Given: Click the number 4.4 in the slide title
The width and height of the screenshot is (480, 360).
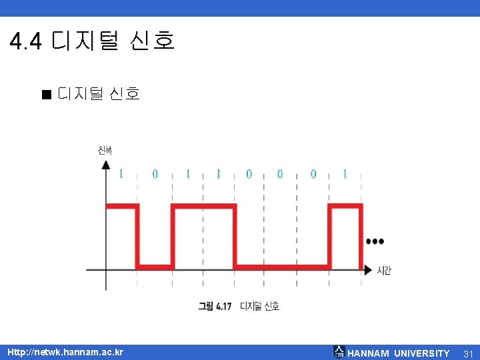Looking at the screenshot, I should point(26,41).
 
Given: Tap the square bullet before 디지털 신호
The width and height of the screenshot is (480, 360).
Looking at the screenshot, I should point(45,95).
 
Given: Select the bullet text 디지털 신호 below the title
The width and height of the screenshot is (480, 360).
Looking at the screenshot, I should point(99,94).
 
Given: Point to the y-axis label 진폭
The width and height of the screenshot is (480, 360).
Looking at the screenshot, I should point(105,151).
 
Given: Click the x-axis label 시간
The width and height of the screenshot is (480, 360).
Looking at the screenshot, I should point(384,270).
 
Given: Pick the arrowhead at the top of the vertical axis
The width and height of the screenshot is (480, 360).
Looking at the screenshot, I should point(106,164).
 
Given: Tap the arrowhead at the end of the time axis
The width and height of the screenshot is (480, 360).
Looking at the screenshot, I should point(367,270).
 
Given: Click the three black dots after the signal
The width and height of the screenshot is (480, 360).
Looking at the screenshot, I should point(375,241).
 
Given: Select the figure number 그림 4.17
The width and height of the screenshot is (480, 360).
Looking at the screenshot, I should point(215,306).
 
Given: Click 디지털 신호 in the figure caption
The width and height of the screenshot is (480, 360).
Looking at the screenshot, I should point(260,306).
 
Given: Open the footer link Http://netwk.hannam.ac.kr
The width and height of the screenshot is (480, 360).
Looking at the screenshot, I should point(65,353).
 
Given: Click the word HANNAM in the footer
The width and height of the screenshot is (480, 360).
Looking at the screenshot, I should point(368,353).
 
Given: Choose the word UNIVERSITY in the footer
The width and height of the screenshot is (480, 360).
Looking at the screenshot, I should point(422,353).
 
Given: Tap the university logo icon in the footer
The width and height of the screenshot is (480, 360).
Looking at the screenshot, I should point(339,352).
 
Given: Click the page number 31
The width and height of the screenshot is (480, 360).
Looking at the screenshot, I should point(468,353).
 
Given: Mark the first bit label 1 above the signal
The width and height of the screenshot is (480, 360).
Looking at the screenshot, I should point(121,174).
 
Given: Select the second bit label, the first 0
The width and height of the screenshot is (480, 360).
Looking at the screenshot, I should point(155,174).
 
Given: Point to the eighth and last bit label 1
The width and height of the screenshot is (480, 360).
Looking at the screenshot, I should point(345,174).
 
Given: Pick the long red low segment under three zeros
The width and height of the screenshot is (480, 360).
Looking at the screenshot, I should point(283,267).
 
